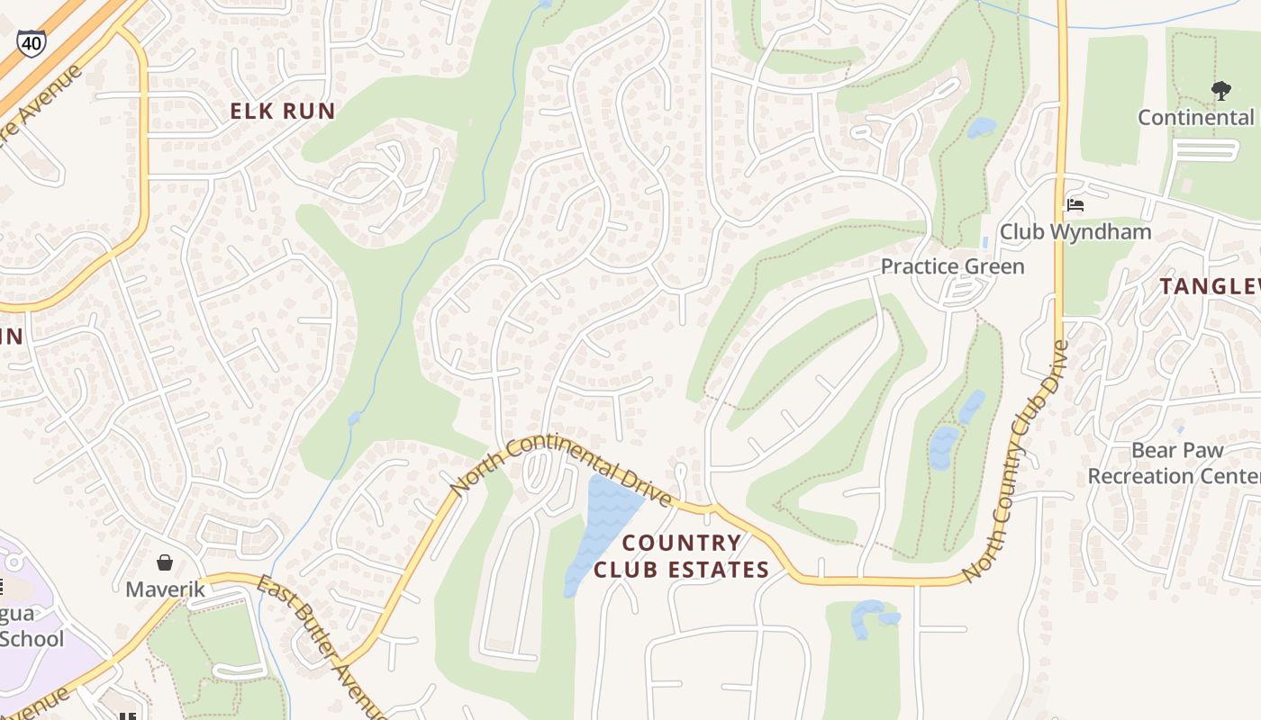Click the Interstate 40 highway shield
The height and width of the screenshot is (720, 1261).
click(31, 43)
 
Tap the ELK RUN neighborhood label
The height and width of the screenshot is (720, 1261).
click(283, 112)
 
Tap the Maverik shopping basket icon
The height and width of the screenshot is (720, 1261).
click(165, 563)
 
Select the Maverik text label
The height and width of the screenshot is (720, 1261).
click(165, 589)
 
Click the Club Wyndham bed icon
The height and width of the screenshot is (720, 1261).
click(1075, 205)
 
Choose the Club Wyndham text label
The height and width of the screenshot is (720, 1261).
click(1075, 231)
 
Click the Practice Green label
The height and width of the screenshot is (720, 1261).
click(952, 266)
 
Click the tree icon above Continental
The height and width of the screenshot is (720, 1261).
click(1221, 90)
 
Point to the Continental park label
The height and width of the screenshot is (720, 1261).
click(1196, 117)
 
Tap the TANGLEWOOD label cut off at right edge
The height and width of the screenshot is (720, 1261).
click(1210, 286)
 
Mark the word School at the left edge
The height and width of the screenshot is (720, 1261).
click(32, 639)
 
